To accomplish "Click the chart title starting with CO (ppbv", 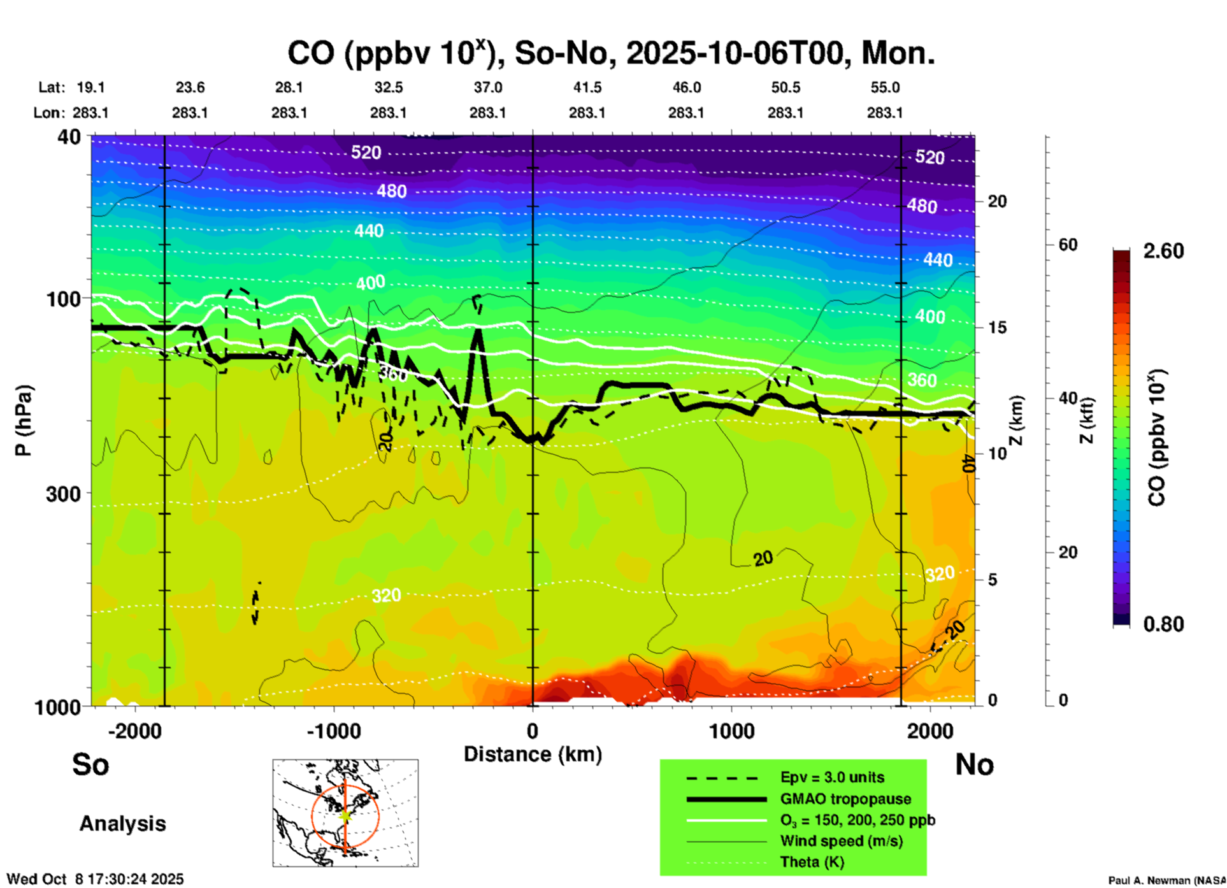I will [610, 53].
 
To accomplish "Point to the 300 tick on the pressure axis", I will [63, 494].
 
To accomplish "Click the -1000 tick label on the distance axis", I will [333, 731].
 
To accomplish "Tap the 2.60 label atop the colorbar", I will [1163, 251].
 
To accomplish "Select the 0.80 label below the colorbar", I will [1163, 624].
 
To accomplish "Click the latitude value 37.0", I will [487, 87].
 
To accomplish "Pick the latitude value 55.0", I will [885, 87].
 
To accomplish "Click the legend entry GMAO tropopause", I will [845, 799].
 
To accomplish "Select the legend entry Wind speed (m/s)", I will [841, 841].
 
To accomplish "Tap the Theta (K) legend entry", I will [812, 862].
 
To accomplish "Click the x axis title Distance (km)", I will [533, 754].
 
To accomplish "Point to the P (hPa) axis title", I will [24, 420].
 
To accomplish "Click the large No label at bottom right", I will [974, 764].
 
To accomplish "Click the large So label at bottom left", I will [90, 764].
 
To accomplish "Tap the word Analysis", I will [122, 824].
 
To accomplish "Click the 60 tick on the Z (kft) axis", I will [1067, 245].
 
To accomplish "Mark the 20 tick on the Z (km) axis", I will [997, 202].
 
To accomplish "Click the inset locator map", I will [345, 813].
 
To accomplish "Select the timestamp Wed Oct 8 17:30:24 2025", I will [95, 879].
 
